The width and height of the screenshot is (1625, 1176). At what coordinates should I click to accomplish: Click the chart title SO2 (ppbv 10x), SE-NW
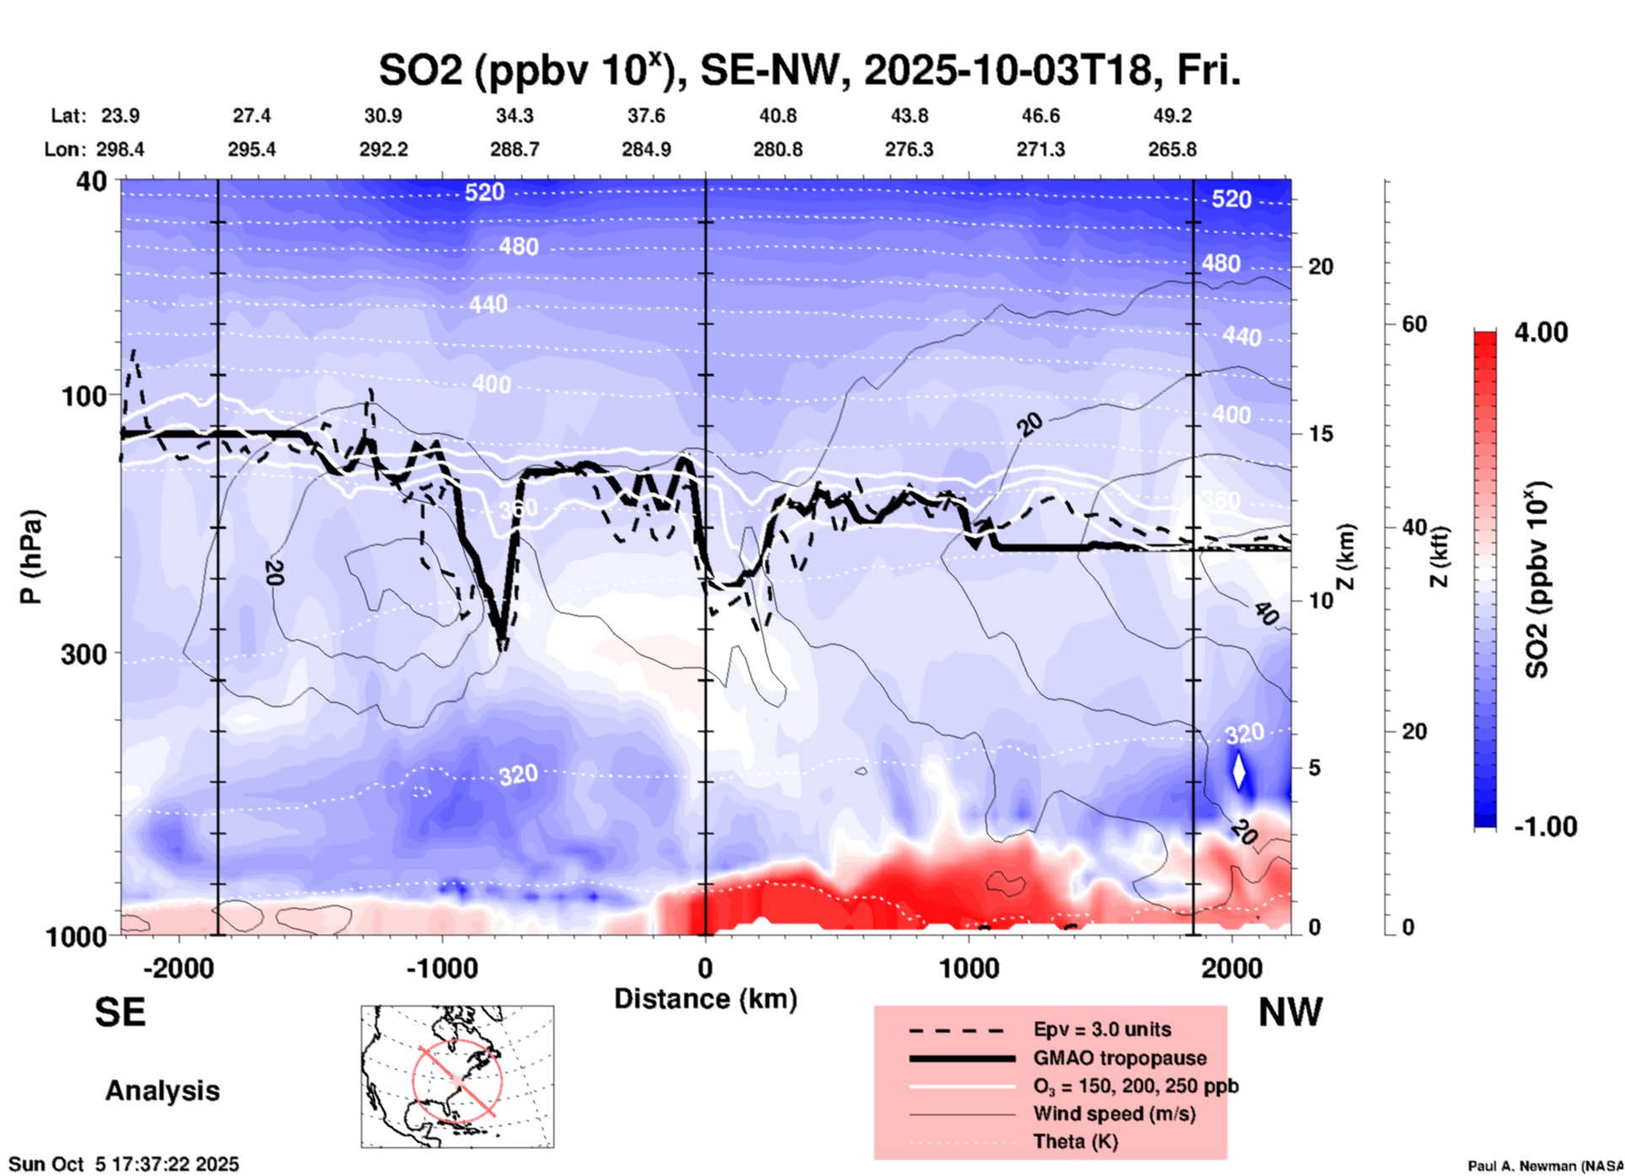pos(808,71)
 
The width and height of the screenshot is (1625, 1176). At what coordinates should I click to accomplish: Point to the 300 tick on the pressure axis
pos(84,654)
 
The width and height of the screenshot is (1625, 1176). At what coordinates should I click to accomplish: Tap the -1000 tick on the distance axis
pos(442,968)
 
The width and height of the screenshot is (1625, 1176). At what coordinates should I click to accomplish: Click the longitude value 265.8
pos(1172,150)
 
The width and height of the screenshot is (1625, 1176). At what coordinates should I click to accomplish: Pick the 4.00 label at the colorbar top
pos(1541,332)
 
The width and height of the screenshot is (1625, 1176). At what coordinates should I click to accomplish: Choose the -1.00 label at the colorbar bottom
pos(1545,827)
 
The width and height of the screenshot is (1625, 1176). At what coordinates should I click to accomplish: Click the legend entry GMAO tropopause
pos(1120,1058)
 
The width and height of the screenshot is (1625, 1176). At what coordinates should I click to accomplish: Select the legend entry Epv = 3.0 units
pos(1102,1030)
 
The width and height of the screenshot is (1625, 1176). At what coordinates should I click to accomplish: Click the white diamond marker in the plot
pos(1239,770)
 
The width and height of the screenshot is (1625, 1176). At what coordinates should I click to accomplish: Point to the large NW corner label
pos(1290,1012)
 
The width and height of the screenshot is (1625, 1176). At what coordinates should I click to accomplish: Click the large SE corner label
pos(120,1012)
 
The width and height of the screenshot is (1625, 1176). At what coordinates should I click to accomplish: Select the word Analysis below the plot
pos(162,1091)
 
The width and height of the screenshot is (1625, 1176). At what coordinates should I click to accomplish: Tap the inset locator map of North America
pos(457,1076)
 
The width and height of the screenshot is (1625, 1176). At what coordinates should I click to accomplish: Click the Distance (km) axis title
pos(705,999)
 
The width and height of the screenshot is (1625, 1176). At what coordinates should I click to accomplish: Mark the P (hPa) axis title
pos(31,557)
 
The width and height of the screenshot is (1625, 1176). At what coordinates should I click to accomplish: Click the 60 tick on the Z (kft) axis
pos(1414,325)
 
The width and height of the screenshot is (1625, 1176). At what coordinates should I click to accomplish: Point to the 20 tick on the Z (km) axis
pos(1320,267)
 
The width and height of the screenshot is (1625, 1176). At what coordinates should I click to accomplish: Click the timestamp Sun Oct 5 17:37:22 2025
pos(124,1165)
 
